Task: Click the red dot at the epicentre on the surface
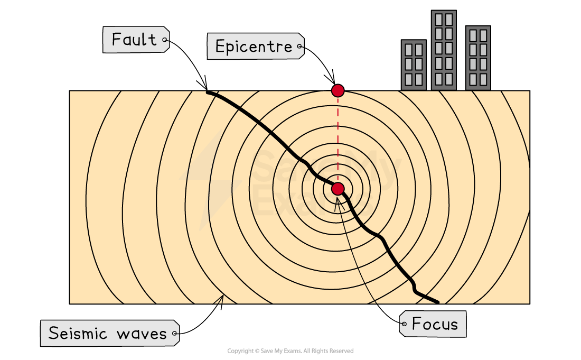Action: tap(338, 90)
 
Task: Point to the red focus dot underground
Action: tap(338, 189)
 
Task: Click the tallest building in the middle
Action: tap(444, 50)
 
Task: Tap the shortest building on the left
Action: tap(414, 64)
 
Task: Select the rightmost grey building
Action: tap(478, 58)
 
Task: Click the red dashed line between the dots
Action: tap(338, 140)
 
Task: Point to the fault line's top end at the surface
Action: tap(208, 92)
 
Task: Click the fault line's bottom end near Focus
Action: tap(437, 302)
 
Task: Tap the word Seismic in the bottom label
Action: tap(79, 334)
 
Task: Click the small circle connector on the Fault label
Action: tap(165, 40)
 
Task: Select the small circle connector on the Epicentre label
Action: tap(300, 47)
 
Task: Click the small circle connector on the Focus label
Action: tap(404, 324)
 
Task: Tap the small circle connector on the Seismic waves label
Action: tap(175, 334)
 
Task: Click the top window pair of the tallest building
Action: tap(444, 20)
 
